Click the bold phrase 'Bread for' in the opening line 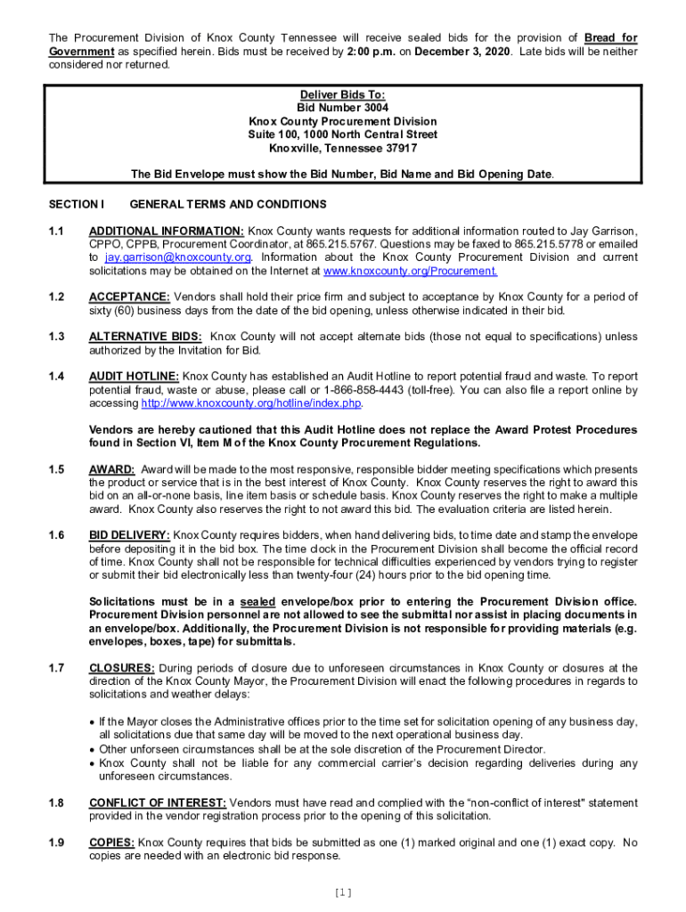610,38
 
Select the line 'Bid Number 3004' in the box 343,108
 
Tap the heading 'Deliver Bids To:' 343,94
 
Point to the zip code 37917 397,148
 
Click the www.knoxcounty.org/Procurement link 410,271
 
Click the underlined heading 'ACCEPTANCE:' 130,297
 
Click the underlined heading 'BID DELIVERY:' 130,535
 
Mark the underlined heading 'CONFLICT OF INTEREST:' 158,802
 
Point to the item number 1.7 57,668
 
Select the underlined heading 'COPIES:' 112,842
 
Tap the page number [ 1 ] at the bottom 343,892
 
